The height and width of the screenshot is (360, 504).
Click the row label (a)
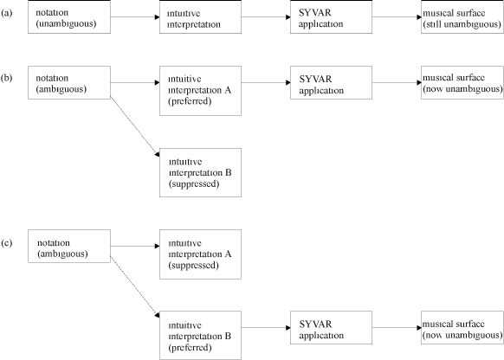coord(7,13)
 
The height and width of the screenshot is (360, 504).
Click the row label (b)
coord(7,78)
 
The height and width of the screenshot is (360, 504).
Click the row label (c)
coord(7,243)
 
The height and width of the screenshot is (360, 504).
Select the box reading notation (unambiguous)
coord(69,16)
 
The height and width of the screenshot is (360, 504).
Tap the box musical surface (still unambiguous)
coord(462,16)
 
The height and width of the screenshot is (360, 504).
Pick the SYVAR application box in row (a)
coord(331,16)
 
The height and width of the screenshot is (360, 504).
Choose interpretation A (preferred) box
coord(200,91)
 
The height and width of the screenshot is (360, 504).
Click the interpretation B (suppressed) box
coord(200,172)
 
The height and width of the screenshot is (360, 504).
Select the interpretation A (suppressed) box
coord(200,254)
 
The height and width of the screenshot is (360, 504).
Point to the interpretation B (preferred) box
coord(200,335)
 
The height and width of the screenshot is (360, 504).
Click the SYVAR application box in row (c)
coord(331,328)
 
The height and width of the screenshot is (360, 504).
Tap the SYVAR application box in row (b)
coord(331,82)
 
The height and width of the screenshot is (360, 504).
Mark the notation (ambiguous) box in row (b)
coord(69,82)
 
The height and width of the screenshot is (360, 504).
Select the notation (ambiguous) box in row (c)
coord(69,246)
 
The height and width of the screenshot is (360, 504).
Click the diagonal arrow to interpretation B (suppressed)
coord(135,126)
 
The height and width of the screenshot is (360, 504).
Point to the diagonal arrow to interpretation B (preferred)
coord(135,286)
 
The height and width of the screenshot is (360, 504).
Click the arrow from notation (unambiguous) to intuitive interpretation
coord(135,17)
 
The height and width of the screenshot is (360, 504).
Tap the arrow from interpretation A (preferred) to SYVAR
coord(266,82)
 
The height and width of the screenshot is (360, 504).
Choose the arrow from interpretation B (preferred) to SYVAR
coord(266,328)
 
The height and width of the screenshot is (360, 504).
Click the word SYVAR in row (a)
coord(314,13)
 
